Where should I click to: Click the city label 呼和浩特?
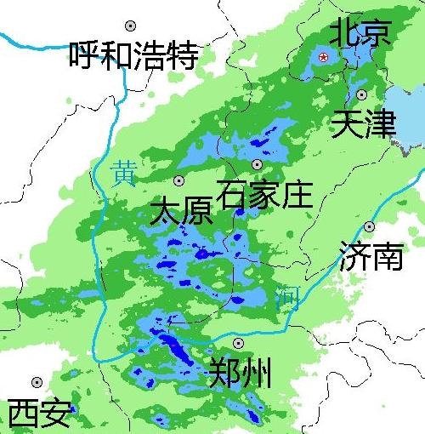point(133,56)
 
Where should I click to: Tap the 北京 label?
point(360,32)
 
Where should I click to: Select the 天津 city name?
point(364,125)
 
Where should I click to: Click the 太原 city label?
point(181,210)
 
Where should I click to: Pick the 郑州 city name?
point(240,373)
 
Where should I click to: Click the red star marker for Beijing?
point(323,57)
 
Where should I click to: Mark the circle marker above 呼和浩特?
point(130,26)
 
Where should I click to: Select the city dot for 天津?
point(362,94)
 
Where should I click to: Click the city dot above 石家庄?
point(257,164)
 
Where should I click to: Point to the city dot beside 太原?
point(178,180)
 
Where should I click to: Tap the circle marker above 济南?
point(369,226)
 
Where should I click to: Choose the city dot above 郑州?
point(238,343)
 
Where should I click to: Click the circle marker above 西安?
point(36,383)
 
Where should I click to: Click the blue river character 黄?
point(124,173)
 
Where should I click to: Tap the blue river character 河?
point(289,298)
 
